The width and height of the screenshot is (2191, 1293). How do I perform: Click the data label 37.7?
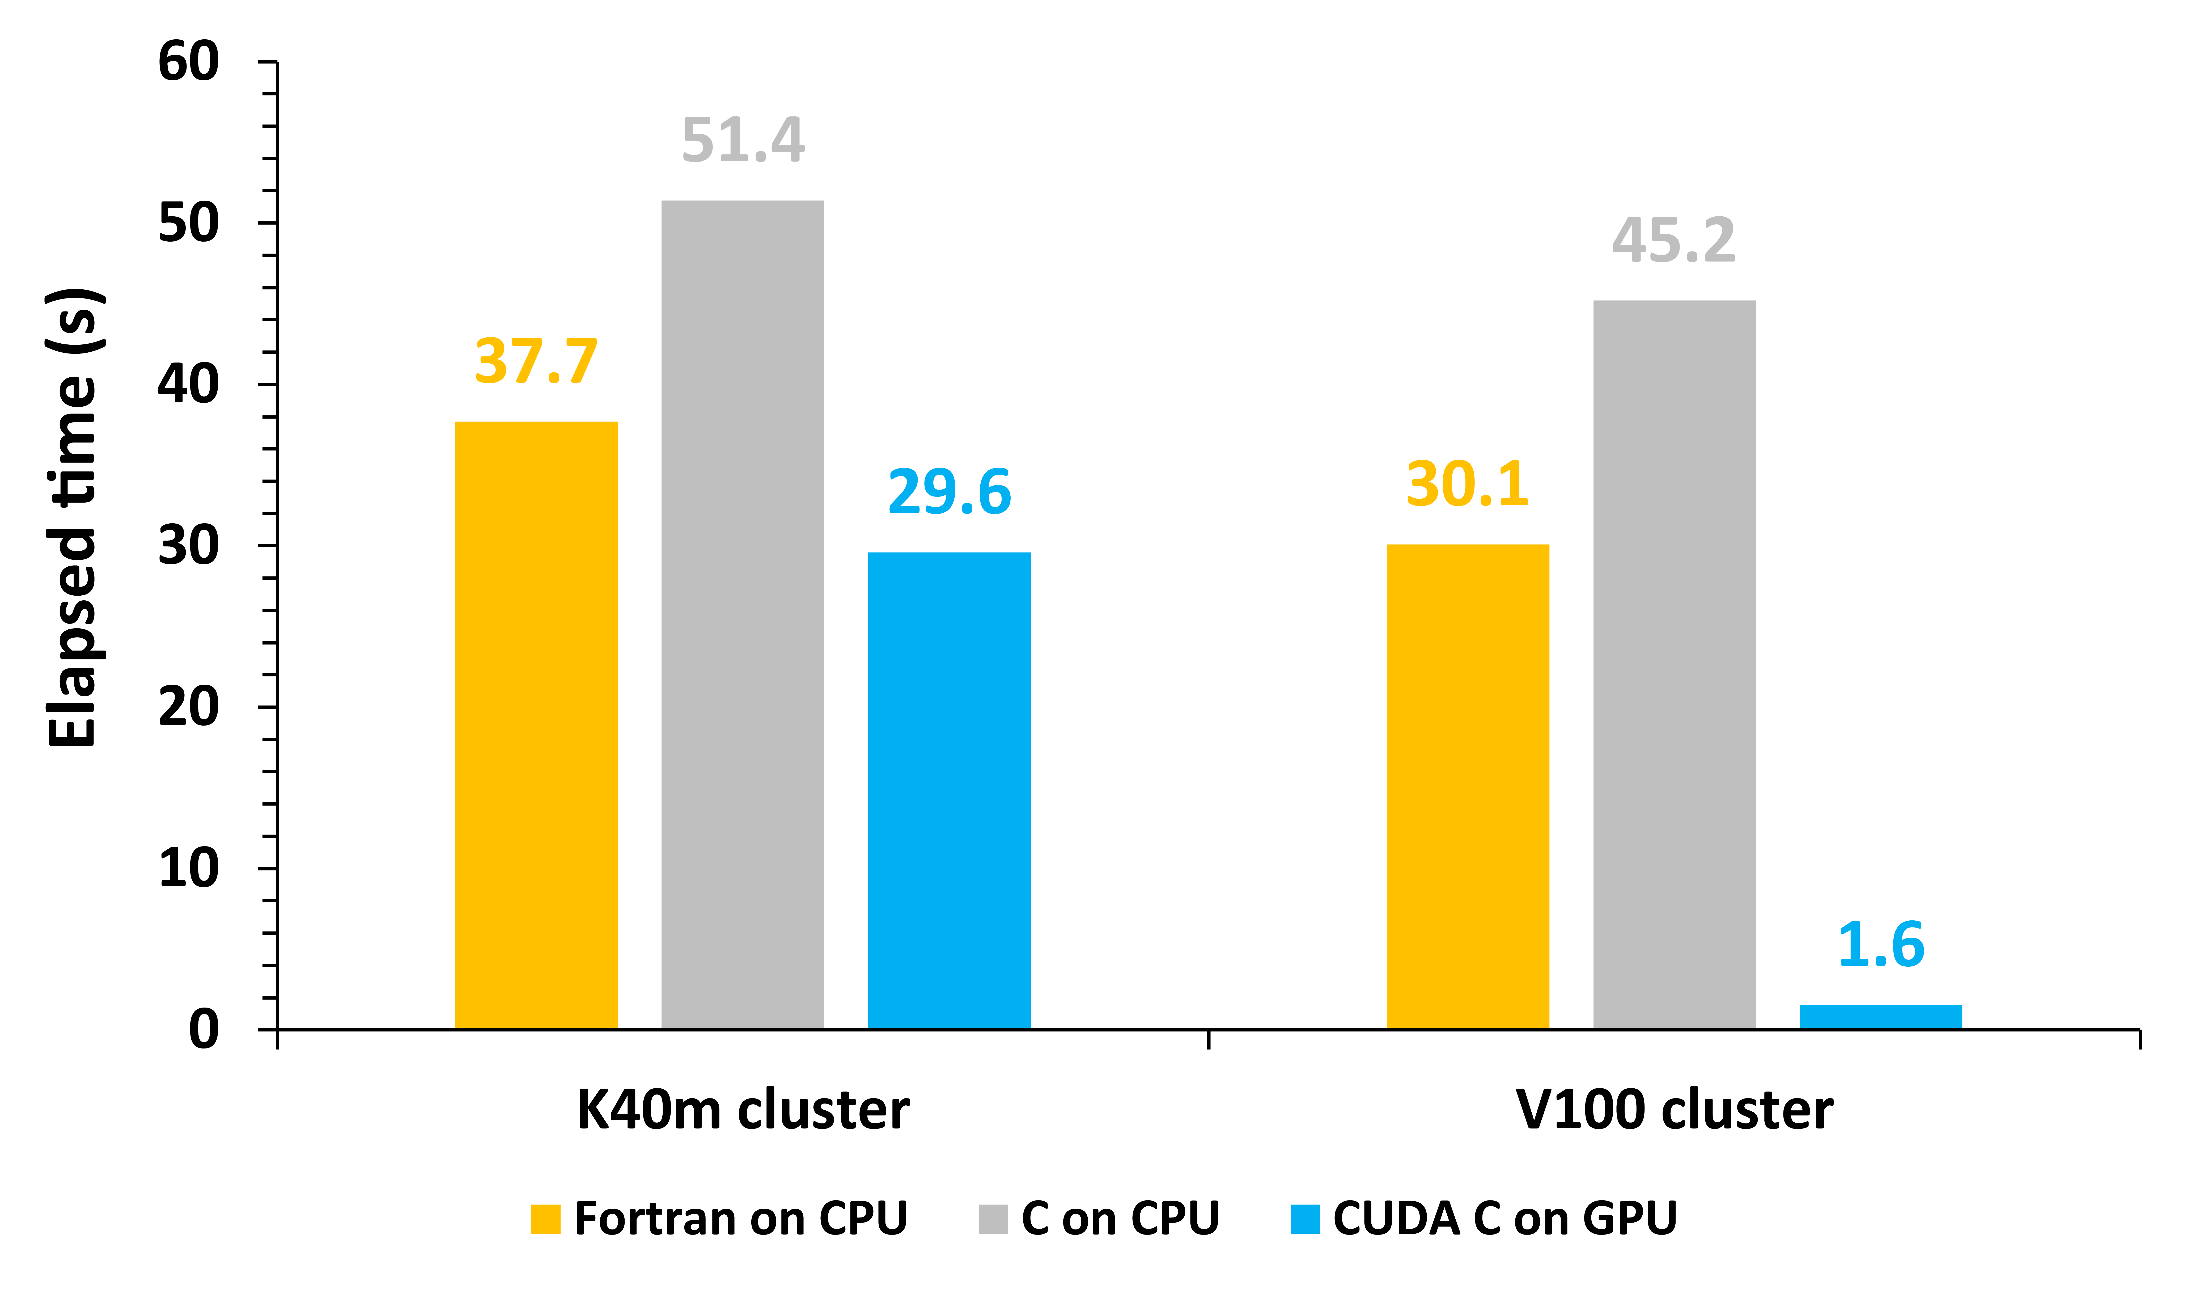tap(536, 361)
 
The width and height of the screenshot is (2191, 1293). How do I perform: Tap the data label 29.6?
tap(949, 492)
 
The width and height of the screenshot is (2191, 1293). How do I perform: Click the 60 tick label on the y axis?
tap(188, 63)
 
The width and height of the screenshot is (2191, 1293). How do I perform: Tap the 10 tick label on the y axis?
tap(188, 869)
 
